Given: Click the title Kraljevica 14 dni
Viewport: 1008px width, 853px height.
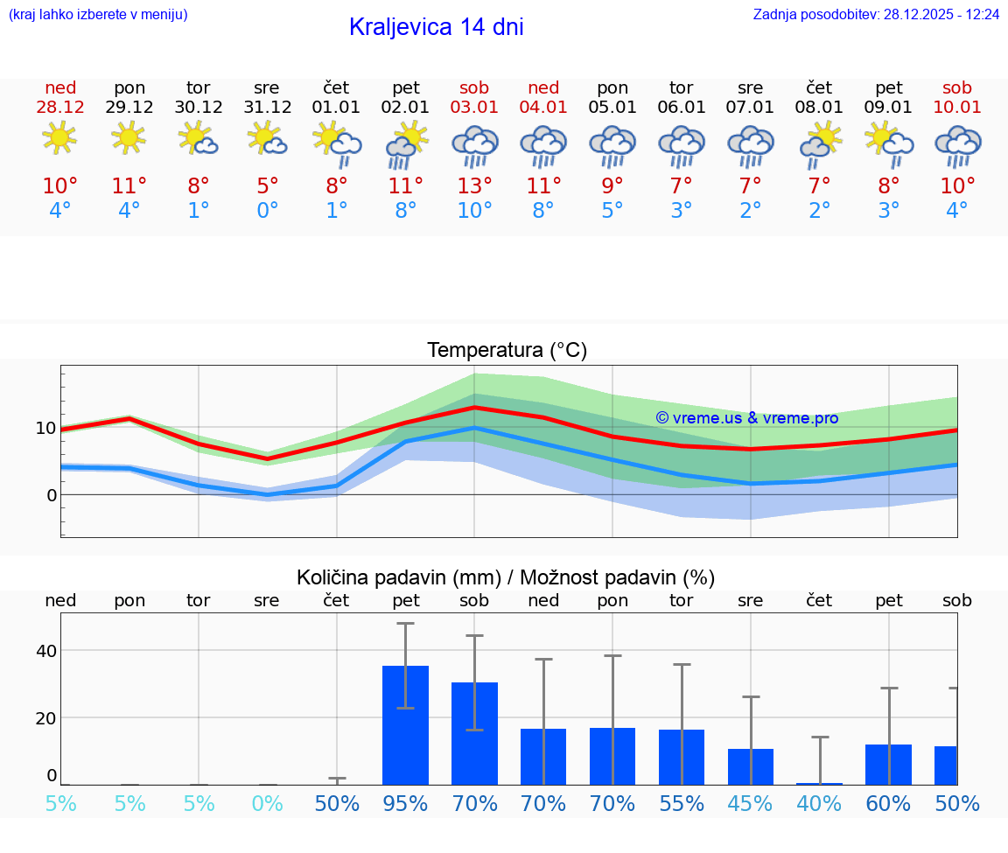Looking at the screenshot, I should click(x=436, y=27).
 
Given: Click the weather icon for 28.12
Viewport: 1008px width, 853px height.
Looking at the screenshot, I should click(x=59, y=138).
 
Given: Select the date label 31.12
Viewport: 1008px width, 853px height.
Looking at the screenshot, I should click(x=267, y=108).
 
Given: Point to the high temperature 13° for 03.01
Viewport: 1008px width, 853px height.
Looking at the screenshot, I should click(x=474, y=185).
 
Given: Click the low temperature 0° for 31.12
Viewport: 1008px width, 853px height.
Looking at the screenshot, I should click(x=267, y=211).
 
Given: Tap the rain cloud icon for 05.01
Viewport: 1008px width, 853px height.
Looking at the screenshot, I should click(x=612, y=144).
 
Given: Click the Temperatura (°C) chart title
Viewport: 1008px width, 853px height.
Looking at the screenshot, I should click(x=507, y=351).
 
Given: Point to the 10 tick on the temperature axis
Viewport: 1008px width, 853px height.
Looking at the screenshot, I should click(x=45, y=428).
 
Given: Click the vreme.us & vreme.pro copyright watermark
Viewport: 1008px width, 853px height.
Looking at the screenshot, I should click(x=747, y=418).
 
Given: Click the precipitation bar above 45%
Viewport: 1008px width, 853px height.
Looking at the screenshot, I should click(x=751, y=766).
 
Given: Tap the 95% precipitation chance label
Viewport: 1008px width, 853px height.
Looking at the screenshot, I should click(x=405, y=804).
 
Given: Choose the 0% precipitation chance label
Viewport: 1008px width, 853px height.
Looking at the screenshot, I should click(x=267, y=804).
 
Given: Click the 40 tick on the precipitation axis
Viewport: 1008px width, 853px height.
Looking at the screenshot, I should click(x=45, y=650).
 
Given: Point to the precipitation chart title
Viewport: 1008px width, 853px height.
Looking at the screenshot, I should click(x=506, y=577).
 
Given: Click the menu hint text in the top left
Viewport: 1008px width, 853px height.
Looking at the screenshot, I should click(x=98, y=14).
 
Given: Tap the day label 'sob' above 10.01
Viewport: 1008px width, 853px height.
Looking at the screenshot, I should click(x=957, y=87).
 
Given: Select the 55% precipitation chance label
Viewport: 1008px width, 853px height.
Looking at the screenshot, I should click(x=682, y=804).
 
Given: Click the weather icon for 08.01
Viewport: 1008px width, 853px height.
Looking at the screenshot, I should click(x=820, y=144).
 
